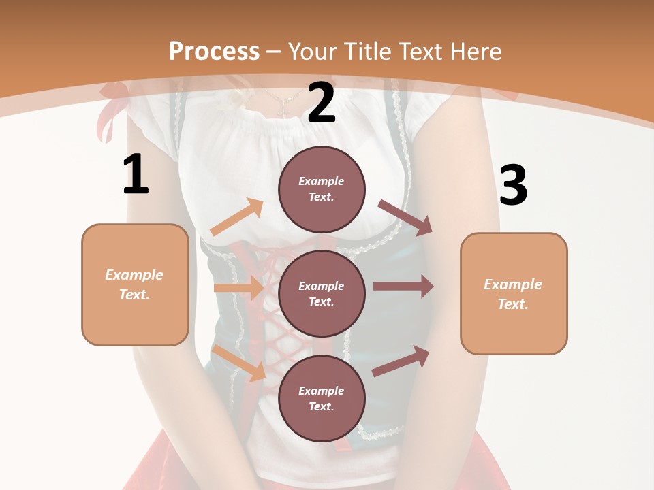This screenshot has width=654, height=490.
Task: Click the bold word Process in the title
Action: click(214, 52)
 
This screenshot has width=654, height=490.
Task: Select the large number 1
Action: click(136, 175)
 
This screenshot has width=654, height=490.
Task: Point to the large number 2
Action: click(322, 103)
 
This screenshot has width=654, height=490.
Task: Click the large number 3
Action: click(513, 186)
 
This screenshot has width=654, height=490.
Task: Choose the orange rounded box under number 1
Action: click(135, 284)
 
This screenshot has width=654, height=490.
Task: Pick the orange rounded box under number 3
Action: click(514, 294)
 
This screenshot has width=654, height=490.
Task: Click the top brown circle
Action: click(322, 189)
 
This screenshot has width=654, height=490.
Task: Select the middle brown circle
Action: click(322, 293)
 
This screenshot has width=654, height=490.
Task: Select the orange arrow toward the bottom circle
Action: click(239, 363)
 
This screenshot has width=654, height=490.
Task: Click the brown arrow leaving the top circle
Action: click(405, 217)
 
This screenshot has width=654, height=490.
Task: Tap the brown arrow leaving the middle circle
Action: click(403, 287)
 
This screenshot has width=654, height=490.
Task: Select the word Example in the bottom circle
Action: click(322, 391)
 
